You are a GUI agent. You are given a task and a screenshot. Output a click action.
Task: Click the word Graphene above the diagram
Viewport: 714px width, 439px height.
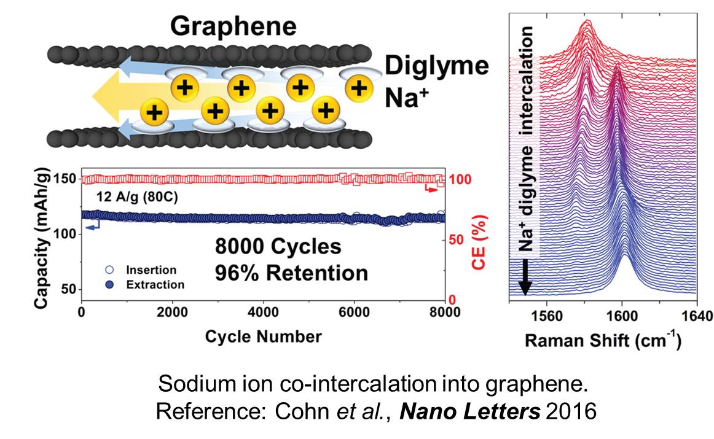coord(233,26)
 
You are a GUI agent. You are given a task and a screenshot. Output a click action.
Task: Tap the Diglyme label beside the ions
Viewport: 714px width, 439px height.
coord(437,66)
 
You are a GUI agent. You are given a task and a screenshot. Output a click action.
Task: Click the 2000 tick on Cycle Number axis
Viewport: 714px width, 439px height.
coord(173,312)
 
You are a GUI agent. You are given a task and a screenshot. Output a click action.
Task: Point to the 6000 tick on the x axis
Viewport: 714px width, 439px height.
coord(354,312)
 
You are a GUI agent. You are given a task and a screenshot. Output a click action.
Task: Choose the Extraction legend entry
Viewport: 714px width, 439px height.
coord(154,285)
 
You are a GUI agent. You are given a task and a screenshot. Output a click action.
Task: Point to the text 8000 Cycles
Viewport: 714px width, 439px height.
coord(278,247)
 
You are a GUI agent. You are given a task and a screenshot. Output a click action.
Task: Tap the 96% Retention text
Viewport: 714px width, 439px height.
coord(291,272)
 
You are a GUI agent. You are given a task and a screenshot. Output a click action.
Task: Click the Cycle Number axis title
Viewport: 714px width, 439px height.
coord(263,336)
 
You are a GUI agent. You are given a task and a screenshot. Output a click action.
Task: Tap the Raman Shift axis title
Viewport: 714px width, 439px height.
coord(602,340)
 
